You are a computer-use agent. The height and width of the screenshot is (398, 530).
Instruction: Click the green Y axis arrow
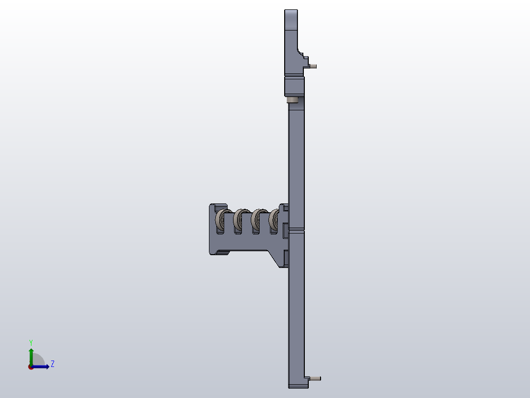31,355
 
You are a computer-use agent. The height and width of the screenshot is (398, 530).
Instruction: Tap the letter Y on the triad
31,342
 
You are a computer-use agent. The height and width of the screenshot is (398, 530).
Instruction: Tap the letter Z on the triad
52,364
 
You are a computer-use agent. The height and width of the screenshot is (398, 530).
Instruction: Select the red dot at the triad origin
31,367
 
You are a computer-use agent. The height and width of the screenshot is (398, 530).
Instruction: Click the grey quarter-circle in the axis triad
38,361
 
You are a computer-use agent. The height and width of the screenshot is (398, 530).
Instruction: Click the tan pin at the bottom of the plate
315,379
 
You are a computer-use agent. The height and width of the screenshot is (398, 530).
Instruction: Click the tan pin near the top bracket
313,66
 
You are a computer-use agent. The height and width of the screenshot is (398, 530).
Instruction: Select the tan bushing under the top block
293,100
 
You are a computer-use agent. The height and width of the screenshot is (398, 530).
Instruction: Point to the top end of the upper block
291,11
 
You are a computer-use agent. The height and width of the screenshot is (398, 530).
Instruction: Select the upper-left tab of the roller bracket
217,206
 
